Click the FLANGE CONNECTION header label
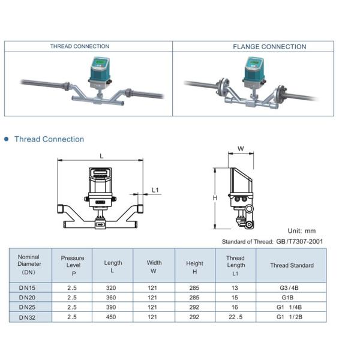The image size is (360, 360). click(x=269, y=46)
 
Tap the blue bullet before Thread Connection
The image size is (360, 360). click(x=7, y=139)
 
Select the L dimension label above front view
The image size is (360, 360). click(x=101, y=155)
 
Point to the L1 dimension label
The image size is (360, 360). click(x=155, y=190)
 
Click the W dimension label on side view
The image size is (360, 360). click(x=241, y=149)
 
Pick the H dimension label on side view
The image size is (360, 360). click(x=214, y=198)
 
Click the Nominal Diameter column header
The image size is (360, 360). click(x=29, y=265)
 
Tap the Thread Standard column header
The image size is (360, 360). click(x=292, y=265)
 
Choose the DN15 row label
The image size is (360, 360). click(x=28, y=287)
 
